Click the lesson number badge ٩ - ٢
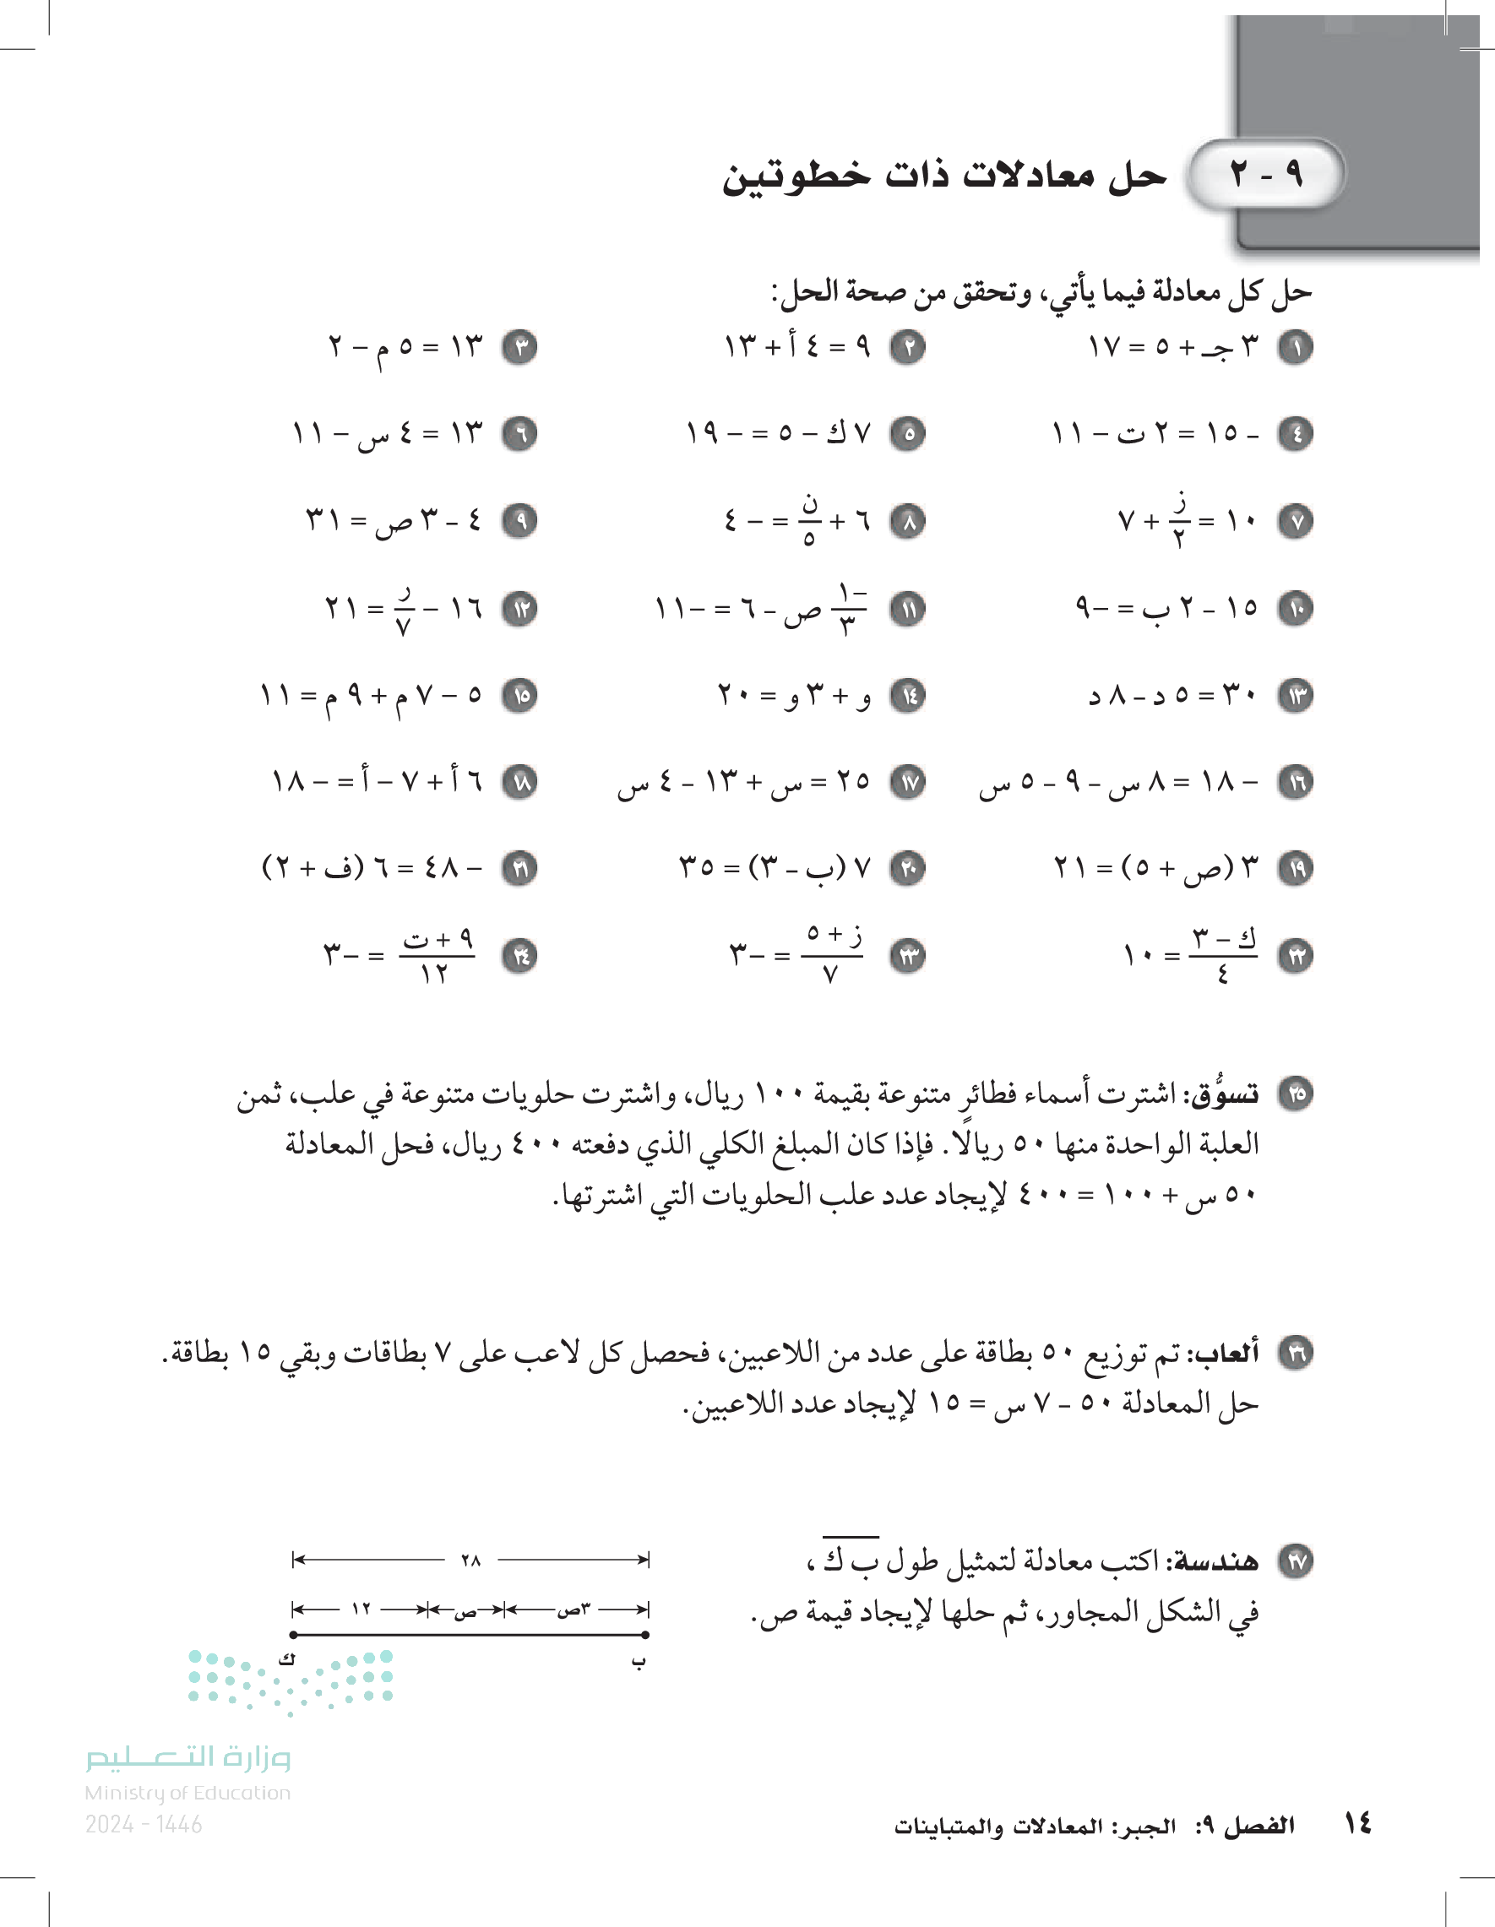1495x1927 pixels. [1266, 174]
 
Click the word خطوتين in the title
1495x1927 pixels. [795, 176]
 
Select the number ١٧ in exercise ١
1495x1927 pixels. [1104, 347]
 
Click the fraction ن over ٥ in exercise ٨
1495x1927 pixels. [809, 520]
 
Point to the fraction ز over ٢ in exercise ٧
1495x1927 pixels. [1180, 520]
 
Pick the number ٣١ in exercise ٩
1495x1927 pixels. [322, 519]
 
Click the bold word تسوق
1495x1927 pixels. [1225, 1095]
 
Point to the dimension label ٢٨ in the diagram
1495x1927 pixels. [470, 1560]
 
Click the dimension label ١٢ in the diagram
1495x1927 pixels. [361, 1609]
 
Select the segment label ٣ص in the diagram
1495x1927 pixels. [574, 1609]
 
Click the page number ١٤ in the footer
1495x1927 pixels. [1357, 1823]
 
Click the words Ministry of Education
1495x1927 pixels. [188, 1793]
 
